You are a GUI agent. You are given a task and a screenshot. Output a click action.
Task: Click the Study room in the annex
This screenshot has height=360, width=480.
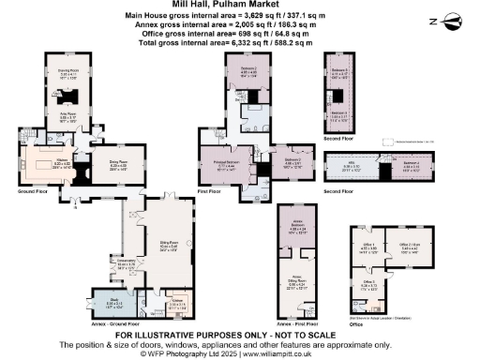pos(113,303)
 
